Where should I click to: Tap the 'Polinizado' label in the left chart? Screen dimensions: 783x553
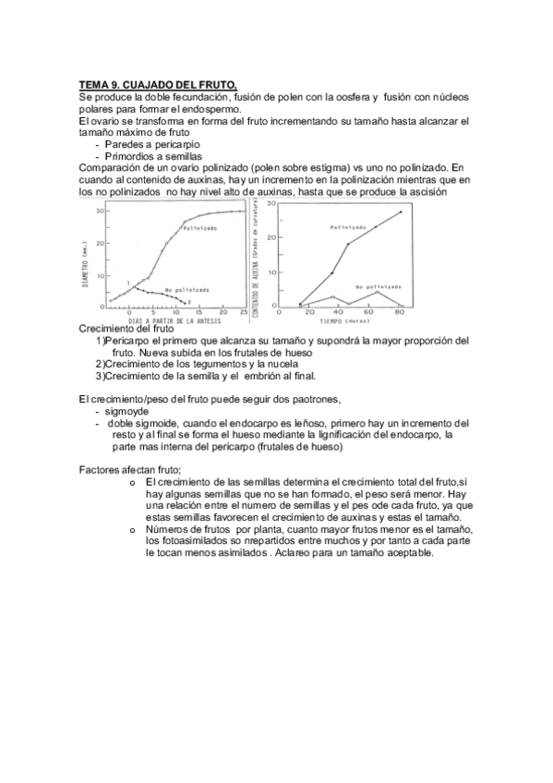[200, 228]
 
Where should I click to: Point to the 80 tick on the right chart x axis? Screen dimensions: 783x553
[400, 312]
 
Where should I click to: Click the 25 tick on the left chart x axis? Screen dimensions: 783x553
[244, 312]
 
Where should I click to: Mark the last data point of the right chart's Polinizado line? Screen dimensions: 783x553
[401, 212]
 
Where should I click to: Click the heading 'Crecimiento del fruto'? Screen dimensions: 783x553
[126, 330]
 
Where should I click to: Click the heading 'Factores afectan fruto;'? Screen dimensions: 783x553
[130, 470]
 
